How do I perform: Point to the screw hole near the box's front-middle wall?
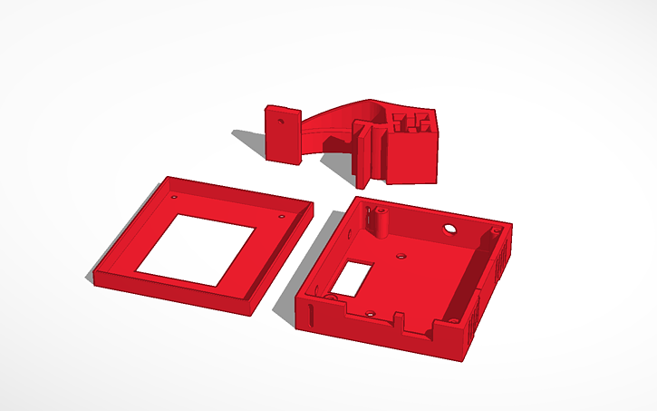[371, 312]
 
